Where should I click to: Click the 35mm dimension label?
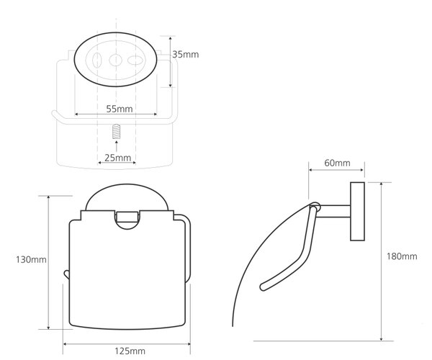pyautogui.click(x=186, y=55)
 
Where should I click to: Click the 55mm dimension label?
pyautogui.click(x=120, y=109)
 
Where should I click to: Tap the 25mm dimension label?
pyautogui.click(x=117, y=158)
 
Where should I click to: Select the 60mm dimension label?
pyautogui.click(x=337, y=163)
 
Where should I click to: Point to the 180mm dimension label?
pyautogui.click(x=402, y=256)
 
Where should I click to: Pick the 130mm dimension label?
pyautogui.click(x=31, y=260)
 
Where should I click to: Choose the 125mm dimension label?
pyautogui.click(x=130, y=351)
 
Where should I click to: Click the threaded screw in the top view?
pyautogui.click(x=117, y=132)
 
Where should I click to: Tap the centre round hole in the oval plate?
pyautogui.click(x=115, y=60)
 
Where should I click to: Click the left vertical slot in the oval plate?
pyautogui.click(x=96, y=60)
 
